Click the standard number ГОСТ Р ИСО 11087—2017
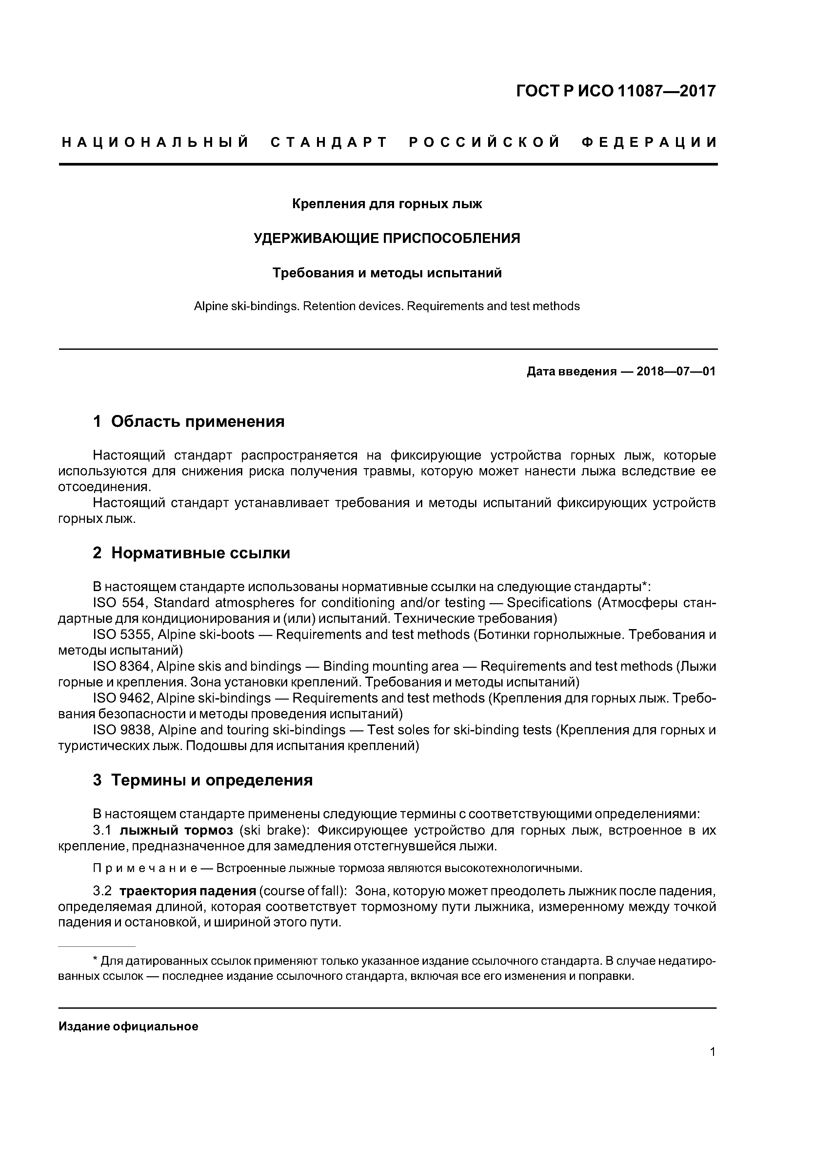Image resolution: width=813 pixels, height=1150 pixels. click(x=616, y=91)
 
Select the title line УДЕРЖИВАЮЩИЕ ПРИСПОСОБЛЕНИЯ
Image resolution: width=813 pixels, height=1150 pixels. click(x=387, y=238)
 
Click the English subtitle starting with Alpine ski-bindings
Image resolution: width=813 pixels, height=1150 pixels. click(x=387, y=306)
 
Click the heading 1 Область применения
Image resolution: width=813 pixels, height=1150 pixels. click(x=189, y=421)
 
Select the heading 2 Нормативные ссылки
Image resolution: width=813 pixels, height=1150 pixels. click(x=191, y=553)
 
